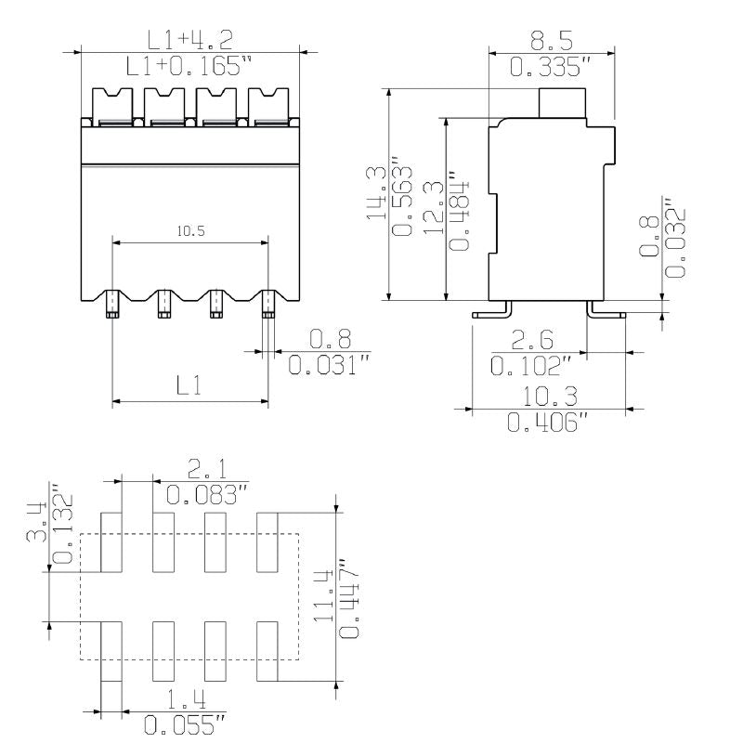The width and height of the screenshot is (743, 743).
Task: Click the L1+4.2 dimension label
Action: click(190, 39)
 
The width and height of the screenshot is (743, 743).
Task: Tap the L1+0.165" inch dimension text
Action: click(190, 65)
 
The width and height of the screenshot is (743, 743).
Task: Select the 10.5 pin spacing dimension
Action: click(189, 231)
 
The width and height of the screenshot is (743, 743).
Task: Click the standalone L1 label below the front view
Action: click(189, 385)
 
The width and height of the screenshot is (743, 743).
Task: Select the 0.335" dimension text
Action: click(552, 67)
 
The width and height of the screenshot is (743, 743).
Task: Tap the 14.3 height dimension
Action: click(376, 192)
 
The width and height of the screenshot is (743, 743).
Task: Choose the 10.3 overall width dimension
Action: click(548, 397)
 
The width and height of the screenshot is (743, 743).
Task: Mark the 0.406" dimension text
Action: click(548, 424)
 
